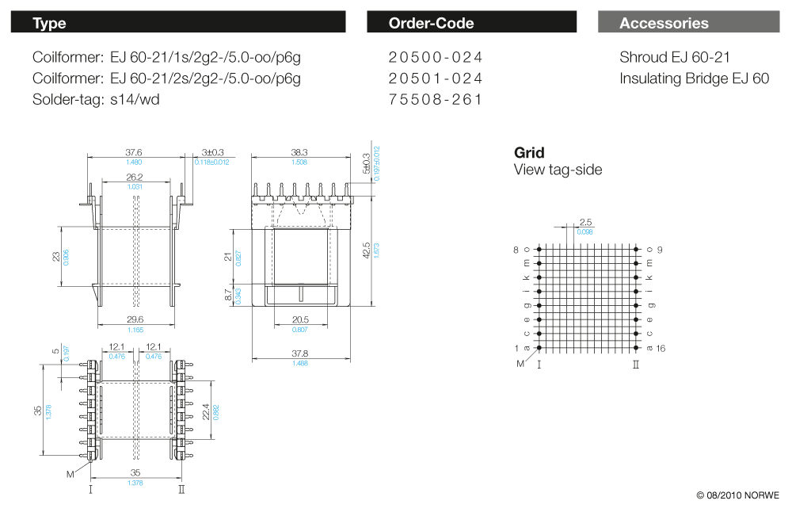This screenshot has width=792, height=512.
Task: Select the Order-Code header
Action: [471, 23]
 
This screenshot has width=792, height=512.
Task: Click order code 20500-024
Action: [436, 58]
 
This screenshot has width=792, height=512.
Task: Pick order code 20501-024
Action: [436, 78]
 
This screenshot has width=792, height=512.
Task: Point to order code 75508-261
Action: [436, 100]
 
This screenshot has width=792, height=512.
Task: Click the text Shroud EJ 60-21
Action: [674, 58]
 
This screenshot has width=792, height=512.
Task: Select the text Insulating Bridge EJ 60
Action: [694, 78]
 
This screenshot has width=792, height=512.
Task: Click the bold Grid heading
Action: [529, 153]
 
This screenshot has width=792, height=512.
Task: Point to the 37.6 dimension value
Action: [133, 153]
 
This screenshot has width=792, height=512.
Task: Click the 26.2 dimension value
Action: [134, 177]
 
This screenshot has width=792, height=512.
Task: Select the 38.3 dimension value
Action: [299, 152]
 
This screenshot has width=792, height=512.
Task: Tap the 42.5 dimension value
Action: [366, 251]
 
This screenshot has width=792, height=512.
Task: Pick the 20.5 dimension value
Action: [299, 320]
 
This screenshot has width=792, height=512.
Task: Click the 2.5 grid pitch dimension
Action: [586, 222]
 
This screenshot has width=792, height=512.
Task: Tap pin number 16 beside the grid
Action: [661, 348]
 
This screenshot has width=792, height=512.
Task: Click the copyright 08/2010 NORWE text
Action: [738, 495]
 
